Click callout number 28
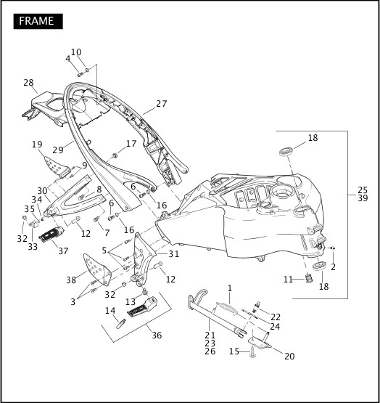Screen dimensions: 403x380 pyautogui.click(x=28, y=83)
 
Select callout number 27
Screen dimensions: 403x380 pyautogui.click(x=161, y=104)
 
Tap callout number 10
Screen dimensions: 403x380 pyautogui.click(x=76, y=52)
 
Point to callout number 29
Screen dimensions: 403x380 pyautogui.click(x=57, y=150)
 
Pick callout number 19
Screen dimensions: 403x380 pyautogui.click(x=37, y=144)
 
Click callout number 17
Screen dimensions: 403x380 pyautogui.click(x=131, y=144)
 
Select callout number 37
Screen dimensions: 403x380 pyautogui.click(x=63, y=251)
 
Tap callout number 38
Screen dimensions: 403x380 pyautogui.click(x=71, y=280)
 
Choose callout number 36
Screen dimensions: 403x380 pyautogui.click(x=156, y=335)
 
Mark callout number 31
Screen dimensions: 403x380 pyautogui.click(x=173, y=254)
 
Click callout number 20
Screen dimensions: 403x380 pyautogui.click(x=289, y=356)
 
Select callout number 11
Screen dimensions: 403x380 pyautogui.click(x=288, y=279)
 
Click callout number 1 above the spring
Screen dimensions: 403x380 pyautogui.click(x=229, y=288)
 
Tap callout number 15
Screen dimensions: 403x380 pyautogui.click(x=234, y=351)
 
